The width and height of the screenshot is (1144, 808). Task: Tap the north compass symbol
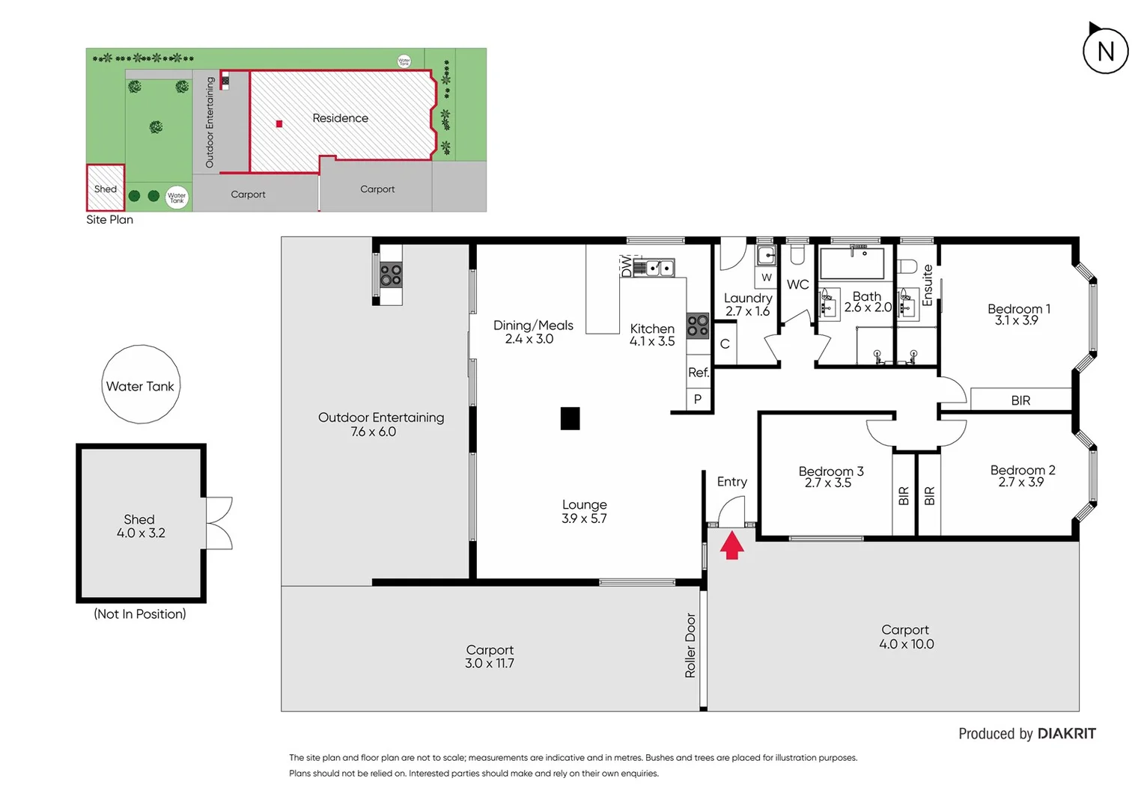point(1105,50)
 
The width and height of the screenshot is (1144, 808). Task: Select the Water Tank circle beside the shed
point(141,385)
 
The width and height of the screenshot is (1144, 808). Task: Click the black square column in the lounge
point(570,418)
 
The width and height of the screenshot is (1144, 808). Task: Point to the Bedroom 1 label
point(1018,309)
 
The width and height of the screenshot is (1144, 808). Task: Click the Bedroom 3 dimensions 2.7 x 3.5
point(828,483)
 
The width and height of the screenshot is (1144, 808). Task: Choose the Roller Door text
point(690,645)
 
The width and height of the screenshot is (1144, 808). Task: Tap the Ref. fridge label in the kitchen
point(698,373)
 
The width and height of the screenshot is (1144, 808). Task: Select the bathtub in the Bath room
point(852,263)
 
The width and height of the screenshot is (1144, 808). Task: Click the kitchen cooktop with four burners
point(698,325)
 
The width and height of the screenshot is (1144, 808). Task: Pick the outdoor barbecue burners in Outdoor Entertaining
point(390,275)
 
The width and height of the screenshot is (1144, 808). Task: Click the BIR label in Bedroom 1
point(1020,400)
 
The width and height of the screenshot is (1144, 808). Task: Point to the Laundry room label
point(747,298)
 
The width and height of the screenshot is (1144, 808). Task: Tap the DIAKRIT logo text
point(1066,734)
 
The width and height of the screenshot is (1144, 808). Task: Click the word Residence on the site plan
point(340,118)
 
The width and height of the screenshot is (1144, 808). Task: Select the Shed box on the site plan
point(106,188)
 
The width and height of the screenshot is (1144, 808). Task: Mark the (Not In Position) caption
point(140,614)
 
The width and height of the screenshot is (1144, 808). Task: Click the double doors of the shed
point(219,523)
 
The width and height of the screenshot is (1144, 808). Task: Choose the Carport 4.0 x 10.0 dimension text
point(906,644)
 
